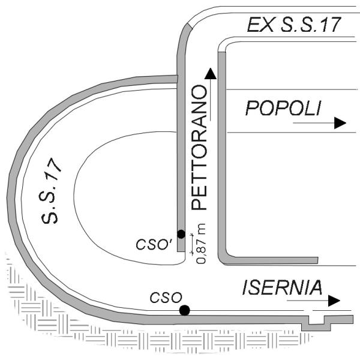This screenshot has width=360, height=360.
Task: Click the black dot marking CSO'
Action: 181,234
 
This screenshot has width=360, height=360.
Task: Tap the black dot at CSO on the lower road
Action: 185,310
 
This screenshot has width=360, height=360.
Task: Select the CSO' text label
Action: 152,245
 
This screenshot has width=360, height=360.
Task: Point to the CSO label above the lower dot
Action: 166,298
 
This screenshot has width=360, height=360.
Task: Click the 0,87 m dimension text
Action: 201,244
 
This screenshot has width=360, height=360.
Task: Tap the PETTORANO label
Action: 199,148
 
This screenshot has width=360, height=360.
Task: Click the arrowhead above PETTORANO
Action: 211,74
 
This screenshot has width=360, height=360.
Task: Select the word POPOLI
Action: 283,108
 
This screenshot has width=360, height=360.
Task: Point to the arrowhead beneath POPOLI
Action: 340,123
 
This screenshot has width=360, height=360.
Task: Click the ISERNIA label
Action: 282,287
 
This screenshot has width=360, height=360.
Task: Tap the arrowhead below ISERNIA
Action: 334,301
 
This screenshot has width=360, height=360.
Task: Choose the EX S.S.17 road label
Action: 293,25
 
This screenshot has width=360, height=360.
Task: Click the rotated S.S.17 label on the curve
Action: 51,191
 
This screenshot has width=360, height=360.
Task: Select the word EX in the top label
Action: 260,25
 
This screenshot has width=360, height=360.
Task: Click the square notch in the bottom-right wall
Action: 316,320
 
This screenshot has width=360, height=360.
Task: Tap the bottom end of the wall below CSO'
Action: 181,251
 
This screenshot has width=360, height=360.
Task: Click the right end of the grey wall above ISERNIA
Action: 318,260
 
